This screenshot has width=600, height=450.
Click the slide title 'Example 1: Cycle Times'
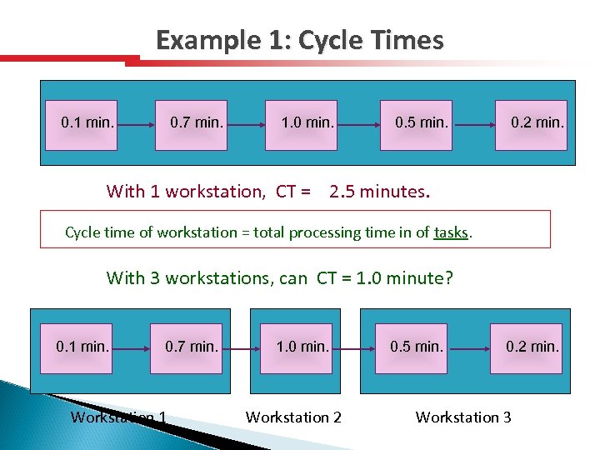coord(299,41)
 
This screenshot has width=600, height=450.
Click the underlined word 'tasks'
coord(451,232)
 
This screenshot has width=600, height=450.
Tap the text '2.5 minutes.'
coord(380,192)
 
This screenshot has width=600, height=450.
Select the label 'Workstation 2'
coord(293,417)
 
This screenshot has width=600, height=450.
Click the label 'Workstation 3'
coord(463,417)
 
